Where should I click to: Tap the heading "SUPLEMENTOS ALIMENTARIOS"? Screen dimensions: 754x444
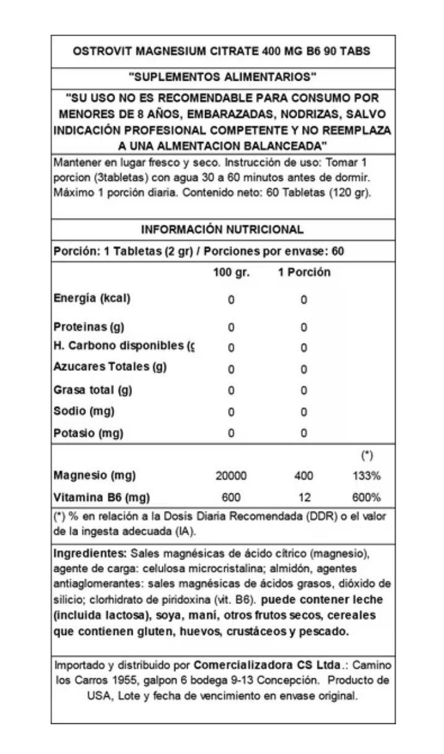click(x=222, y=78)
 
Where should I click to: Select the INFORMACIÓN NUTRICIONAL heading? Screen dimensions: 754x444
click(x=222, y=229)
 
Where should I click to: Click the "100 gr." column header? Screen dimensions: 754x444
click(x=231, y=273)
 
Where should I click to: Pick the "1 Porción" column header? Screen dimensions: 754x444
click(x=304, y=273)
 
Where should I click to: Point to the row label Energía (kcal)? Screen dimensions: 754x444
click(x=92, y=298)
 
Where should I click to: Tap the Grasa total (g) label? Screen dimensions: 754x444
click(x=93, y=390)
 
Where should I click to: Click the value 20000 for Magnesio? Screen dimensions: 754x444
click(x=231, y=476)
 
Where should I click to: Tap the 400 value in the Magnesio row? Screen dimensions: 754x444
click(x=304, y=476)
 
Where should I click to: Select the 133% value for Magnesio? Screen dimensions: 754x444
click(x=367, y=476)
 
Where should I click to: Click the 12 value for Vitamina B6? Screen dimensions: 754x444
click(x=304, y=497)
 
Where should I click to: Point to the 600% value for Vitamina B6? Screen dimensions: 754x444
click(x=367, y=497)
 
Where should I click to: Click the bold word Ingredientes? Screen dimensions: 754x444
click(x=91, y=553)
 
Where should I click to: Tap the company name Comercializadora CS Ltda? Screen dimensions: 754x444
click(x=268, y=665)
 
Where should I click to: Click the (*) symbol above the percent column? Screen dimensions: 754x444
click(x=367, y=456)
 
